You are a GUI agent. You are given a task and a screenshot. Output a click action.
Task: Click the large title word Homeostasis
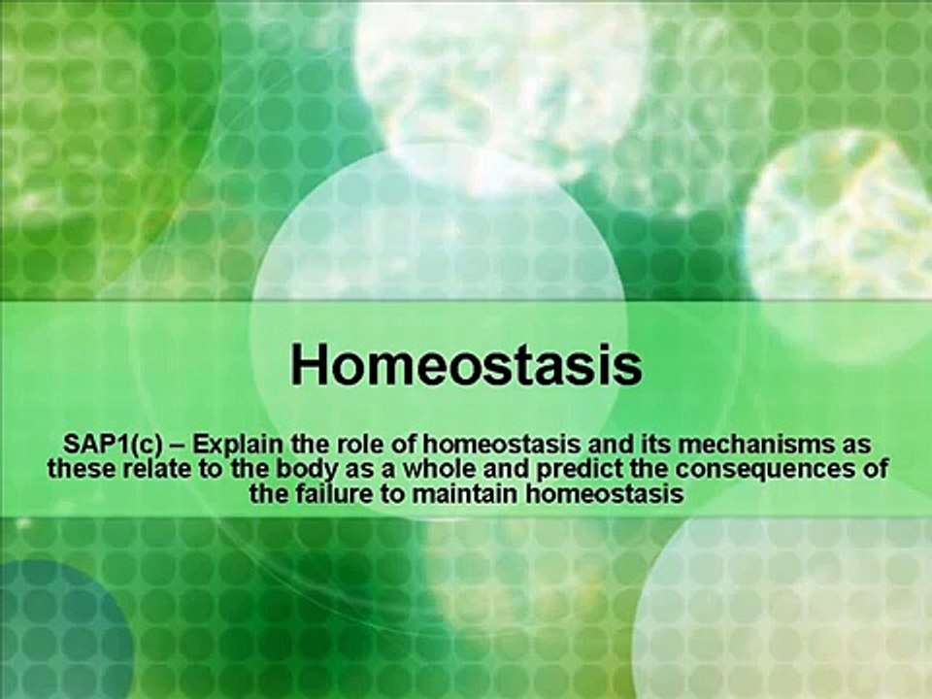[x=467, y=364]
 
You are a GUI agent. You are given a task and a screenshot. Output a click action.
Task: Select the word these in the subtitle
[x=82, y=469]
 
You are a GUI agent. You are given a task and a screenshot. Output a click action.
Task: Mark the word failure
[x=330, y=494]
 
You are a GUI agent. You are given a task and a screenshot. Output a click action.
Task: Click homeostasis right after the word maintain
[x=605, y=494]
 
